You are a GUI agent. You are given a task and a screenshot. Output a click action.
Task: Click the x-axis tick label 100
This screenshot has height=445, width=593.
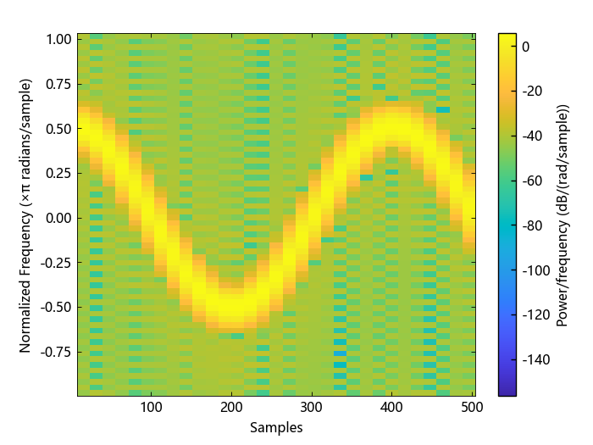[151, 407]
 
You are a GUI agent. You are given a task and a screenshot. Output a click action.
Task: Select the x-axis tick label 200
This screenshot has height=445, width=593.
[231, 407]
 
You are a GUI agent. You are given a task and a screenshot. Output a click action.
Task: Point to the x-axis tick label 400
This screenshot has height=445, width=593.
[391, 407]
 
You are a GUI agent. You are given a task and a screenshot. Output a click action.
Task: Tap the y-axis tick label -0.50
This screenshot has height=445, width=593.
[57, 307]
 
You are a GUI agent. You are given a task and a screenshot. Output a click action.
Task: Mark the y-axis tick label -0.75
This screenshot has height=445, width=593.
[57, 351]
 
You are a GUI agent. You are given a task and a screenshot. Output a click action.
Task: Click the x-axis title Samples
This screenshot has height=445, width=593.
[276, 428]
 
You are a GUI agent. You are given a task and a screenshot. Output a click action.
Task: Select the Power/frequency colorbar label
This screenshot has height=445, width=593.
[562, 215]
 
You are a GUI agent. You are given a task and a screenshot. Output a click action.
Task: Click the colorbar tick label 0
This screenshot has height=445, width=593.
[526, 47]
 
